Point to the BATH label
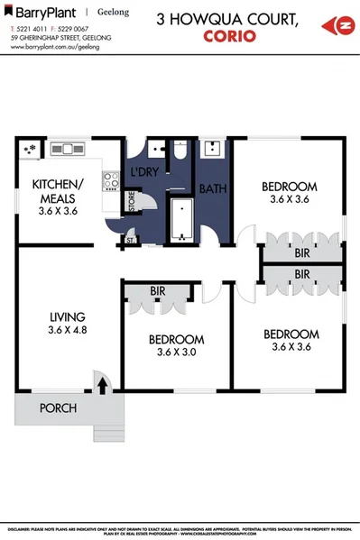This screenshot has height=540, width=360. click(x=213, y=189)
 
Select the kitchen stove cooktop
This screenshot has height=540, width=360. click(x=111, y=181)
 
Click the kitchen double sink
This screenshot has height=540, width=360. click(x=66, y=149)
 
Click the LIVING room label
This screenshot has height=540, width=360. click(x=67, y=316)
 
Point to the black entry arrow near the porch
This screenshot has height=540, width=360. click(x=102, y=386)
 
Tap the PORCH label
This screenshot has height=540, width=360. click(x=57, y=408)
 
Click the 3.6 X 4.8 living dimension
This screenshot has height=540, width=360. click(x=67, y=331)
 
